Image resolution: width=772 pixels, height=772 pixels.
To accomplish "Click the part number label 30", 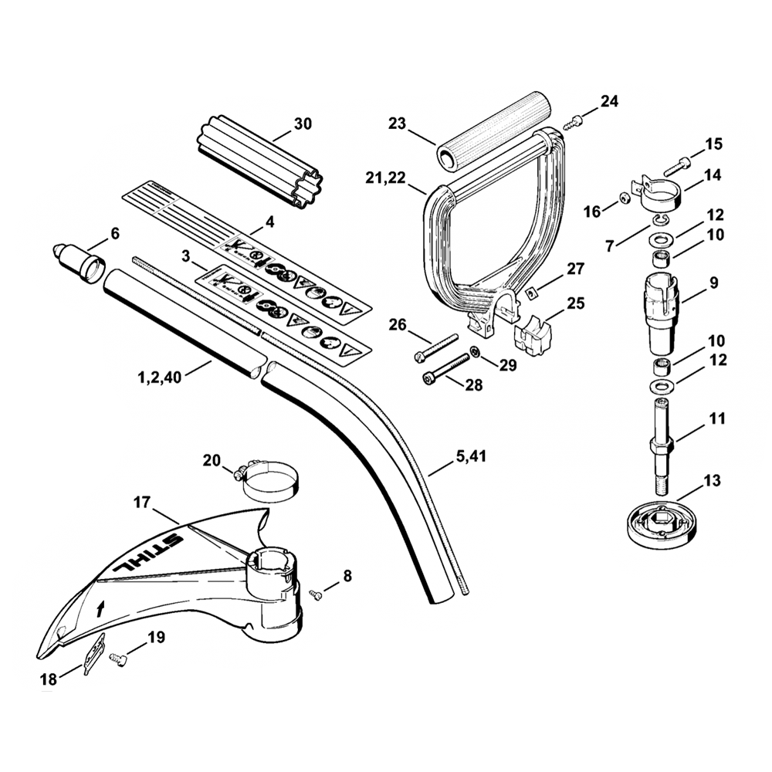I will [x=303, y=123].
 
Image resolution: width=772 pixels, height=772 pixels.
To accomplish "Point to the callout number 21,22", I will [x=386, y=179].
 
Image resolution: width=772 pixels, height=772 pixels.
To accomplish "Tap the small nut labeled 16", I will [x=624, y=203].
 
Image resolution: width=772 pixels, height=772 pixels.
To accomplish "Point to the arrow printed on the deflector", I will [x=99, y=608].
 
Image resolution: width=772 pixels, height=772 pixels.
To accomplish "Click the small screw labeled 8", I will [x=316, y=593].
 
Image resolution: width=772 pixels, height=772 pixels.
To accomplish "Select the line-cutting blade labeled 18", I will [x=93, y=652].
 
